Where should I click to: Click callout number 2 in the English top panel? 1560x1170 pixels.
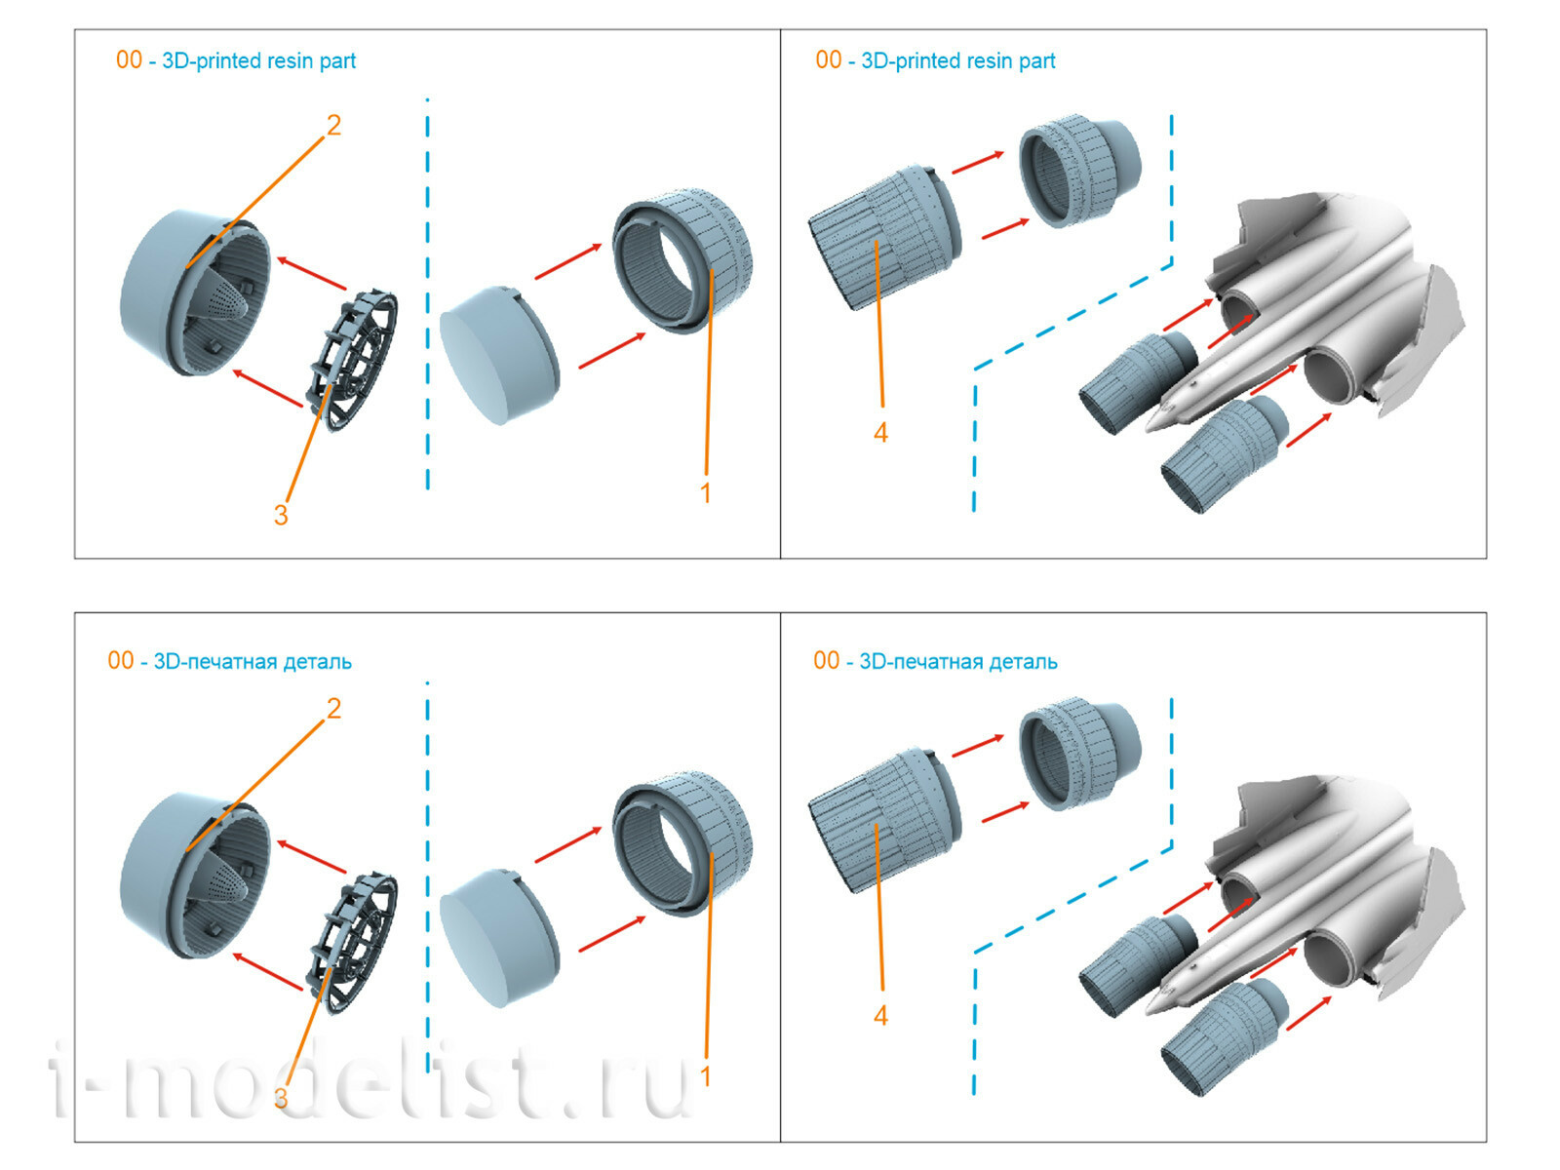[x=333, y=126]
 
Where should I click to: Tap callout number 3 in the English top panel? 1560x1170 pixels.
[x=281, y=515]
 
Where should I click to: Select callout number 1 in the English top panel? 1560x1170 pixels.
[x=706, y=493]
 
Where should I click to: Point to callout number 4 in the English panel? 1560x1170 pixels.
[x=880, y=433]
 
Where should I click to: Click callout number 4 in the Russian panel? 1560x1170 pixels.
[x=880, y=1016]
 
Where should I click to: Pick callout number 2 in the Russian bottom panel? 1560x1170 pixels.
[x=333, y=709]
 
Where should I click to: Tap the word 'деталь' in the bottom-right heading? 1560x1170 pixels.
[x=1023, y=661]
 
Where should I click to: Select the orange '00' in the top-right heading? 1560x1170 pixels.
[x=828, y=60]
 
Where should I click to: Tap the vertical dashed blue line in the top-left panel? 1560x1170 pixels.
[x=427, y=292]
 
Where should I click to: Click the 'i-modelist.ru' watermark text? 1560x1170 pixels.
[x=370, y=1077]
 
